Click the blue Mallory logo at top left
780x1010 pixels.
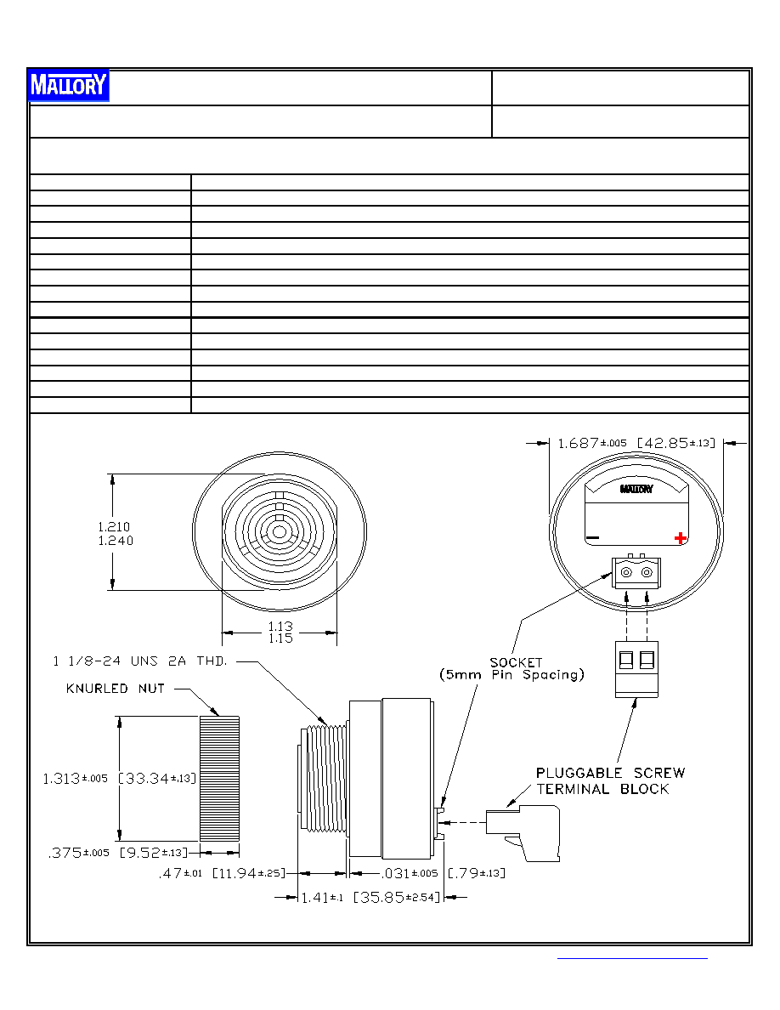tap(69, 85)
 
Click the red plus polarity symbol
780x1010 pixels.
tap(681, 538)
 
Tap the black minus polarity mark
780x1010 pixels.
tap(593, 538)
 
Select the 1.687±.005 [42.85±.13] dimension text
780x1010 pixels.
tap(636, 443)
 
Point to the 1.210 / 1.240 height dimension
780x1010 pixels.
tap(116, 533)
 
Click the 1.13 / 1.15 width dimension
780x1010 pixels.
tap(280, 632)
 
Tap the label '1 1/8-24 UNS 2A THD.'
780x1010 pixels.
tap(140, 661)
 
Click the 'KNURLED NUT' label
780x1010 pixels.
tap(116, 689)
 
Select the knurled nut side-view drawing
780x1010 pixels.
tap(219, 778)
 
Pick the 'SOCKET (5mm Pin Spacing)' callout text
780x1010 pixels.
tap(512, 668)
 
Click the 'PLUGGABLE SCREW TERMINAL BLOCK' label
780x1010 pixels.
tap(610, 780)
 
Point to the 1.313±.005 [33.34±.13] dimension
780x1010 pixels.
tap(120, 778)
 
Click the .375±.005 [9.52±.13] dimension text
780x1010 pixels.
tap(118, 853)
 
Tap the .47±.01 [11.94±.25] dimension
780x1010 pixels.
tap(222, 873)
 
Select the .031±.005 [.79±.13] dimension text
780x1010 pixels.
tap(444, 873)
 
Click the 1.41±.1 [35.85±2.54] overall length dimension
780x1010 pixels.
tap(370, 897)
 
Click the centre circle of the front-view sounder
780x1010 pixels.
tap(280, 532)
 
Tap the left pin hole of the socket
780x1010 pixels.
tap(626, 572)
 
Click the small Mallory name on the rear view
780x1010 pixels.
tap(636, 489)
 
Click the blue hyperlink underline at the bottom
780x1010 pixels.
tap(632, 958)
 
